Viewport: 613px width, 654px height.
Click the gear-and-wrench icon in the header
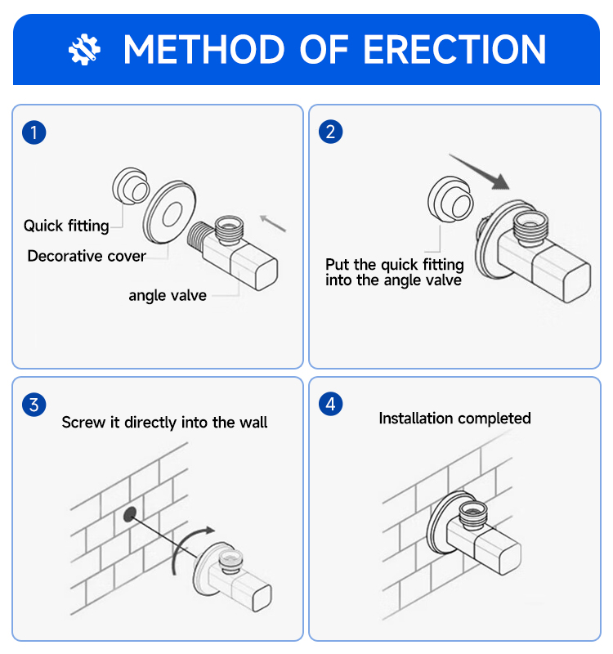84,49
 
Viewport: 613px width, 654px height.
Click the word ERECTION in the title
454,50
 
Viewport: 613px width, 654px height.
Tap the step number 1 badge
34,132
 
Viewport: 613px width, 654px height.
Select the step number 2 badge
331,132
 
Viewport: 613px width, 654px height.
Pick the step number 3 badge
34,405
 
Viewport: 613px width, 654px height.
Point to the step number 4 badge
331,404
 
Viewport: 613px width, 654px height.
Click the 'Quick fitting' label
66,226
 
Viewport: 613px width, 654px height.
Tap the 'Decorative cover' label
87,256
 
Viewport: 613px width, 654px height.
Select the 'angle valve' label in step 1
168,295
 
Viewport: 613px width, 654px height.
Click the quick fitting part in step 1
131,186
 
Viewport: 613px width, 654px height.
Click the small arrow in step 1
273,223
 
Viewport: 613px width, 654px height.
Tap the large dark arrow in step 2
480,172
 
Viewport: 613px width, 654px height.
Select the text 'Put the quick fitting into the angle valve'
395,272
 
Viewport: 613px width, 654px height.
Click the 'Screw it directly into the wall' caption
165,423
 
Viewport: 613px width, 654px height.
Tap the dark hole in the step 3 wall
130,514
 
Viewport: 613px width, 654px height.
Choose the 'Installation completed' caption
455,419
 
